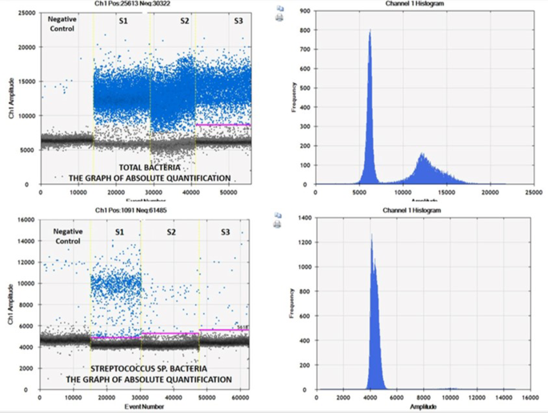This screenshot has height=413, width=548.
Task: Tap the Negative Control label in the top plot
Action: (62, 23)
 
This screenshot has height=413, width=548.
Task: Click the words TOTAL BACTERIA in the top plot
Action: (143, 167)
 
